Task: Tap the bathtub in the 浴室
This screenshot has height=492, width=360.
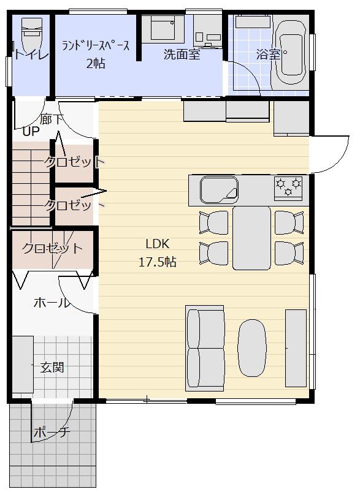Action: [291, 53]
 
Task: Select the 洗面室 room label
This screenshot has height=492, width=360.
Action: [182, 55]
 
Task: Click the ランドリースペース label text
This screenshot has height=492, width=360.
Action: [96, 46]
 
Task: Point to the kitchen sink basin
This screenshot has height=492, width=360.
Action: [219, 190]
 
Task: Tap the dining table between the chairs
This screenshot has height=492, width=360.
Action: [251, 238]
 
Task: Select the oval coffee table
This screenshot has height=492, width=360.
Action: [252, 347]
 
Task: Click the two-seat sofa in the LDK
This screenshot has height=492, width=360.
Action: [205, 348]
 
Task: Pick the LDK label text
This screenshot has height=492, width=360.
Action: [158, 244]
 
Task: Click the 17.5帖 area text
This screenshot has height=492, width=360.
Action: [158, 262]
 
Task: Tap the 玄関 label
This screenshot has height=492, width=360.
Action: [52, 367]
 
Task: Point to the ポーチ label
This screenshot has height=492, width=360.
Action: [52, 433]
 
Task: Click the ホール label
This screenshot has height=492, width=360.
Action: [51, 303]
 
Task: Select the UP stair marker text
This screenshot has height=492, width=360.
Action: [31, 131]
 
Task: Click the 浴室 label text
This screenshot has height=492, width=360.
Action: [268, 55]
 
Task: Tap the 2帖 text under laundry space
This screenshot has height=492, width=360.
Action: [96, 64]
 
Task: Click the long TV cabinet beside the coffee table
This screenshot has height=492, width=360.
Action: [296, 348]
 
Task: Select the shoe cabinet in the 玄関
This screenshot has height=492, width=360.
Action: [23, 365]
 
